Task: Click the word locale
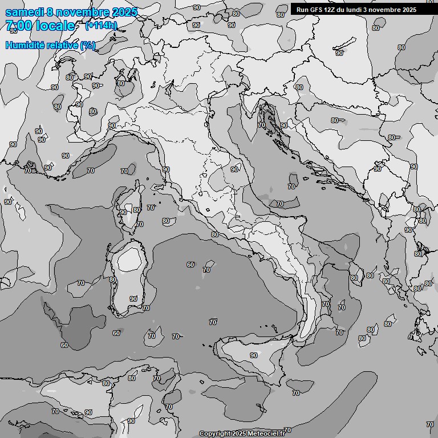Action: click(x=55, y=26)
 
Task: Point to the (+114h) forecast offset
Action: click(x=101, y=26)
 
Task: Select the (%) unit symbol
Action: click(x=87, y=45)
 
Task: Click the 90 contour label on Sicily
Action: click(x=254, y=355)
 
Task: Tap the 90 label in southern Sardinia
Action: click(x=133, y=299)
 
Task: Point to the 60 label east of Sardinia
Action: click(x=190, y=265)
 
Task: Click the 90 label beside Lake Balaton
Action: click(x=340, y=53)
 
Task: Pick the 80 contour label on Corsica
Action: click(x=137, y=210)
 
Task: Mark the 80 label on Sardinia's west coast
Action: click(x=113, y=279)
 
